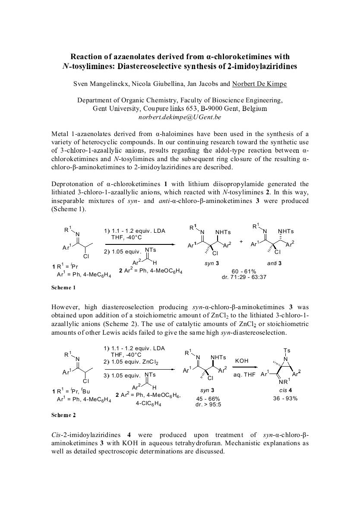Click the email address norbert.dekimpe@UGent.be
(180, 117)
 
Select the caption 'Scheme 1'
(63, 287)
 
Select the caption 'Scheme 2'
(63, 415)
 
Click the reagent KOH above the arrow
(241, 360)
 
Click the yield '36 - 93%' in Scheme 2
(285, 398)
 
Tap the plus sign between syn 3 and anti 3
(241, 241)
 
